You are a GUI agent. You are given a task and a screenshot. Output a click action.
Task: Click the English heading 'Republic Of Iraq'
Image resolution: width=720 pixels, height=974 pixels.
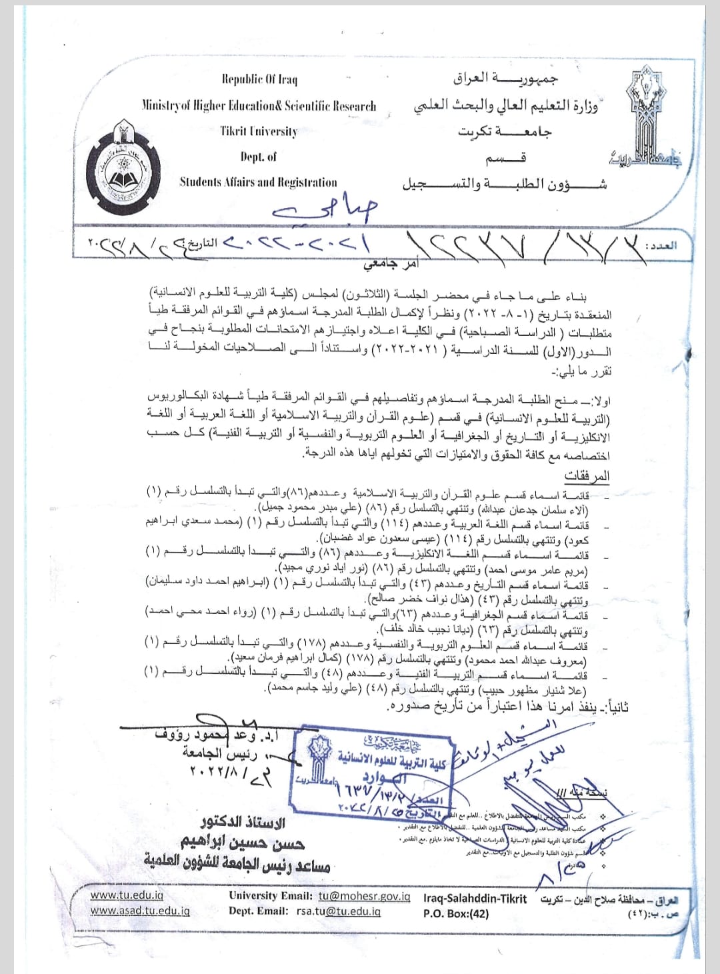259,79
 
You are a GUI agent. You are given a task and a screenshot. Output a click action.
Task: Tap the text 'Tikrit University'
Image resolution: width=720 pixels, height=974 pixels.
259,131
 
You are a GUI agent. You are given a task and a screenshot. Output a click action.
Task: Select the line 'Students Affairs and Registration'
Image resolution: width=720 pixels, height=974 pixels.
258,182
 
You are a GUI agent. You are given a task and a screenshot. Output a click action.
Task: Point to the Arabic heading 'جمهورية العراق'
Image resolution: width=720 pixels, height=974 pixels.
505,79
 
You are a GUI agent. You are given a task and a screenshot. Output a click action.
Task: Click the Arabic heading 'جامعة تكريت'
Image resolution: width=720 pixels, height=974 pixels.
505,132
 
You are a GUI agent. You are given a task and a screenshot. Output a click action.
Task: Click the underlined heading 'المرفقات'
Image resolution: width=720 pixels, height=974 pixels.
587,476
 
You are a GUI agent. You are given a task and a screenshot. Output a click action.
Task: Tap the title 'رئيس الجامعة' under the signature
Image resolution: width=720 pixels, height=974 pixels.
219,753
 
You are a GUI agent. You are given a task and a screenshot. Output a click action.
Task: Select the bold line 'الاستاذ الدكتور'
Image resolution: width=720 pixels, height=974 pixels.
243,822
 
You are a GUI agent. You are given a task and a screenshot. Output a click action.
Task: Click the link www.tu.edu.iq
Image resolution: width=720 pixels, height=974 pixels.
127,895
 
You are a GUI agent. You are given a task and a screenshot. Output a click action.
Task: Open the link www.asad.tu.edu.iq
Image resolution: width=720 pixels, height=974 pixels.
140,911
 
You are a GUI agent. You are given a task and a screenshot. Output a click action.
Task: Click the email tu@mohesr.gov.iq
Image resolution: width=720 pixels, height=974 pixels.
364,896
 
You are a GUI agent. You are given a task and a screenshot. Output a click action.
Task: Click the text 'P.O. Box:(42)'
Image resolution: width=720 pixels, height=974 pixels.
456,913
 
